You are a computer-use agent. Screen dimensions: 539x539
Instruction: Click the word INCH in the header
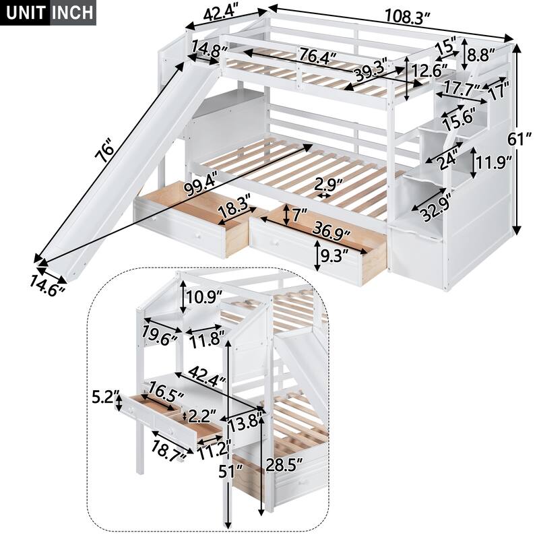pos(73,13)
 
